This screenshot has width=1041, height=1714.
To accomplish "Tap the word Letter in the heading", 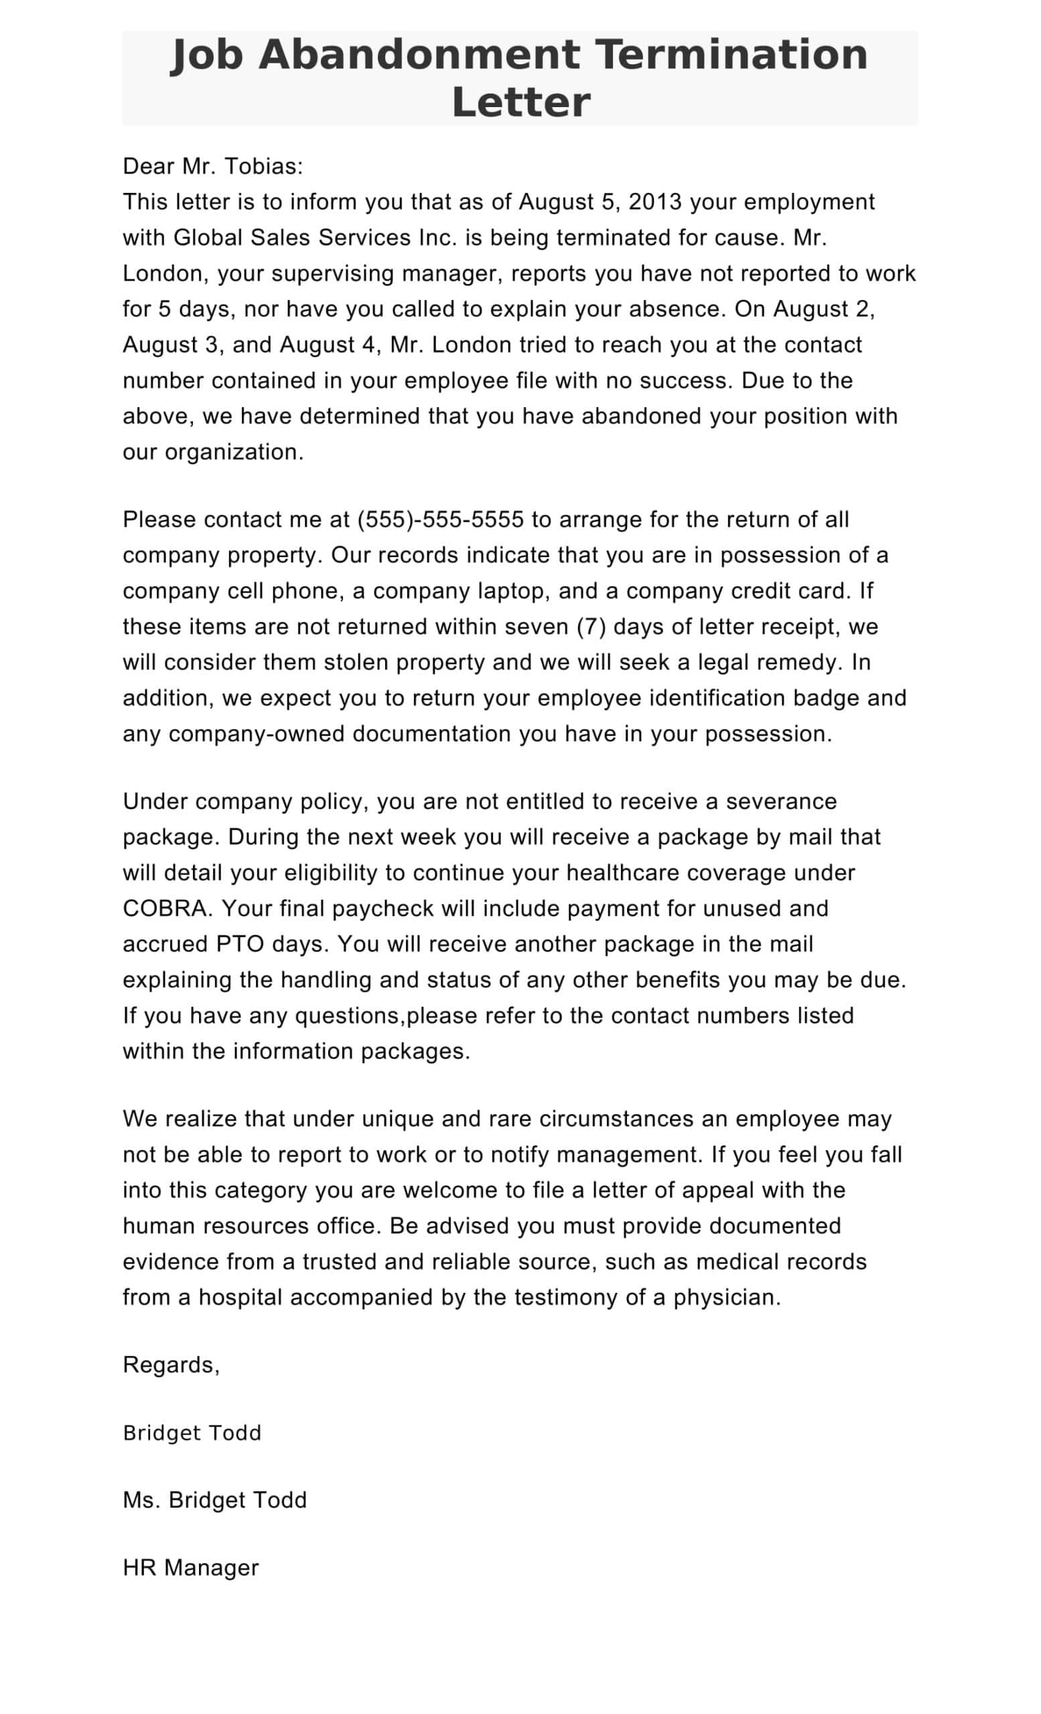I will (520, 102).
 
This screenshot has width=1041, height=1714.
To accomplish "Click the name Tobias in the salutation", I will (263, 166).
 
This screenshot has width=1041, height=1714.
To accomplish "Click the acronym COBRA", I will (164, 909).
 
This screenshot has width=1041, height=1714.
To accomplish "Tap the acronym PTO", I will (240, 944).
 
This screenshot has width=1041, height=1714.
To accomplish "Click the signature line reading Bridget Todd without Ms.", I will (192, 1433).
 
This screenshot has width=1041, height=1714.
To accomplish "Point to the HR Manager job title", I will (191, 1567).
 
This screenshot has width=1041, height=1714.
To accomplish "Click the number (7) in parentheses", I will (592, 627).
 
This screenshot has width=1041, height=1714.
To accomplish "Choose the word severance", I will (781, 801).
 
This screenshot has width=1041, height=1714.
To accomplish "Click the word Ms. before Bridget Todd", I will (141, 1500).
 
